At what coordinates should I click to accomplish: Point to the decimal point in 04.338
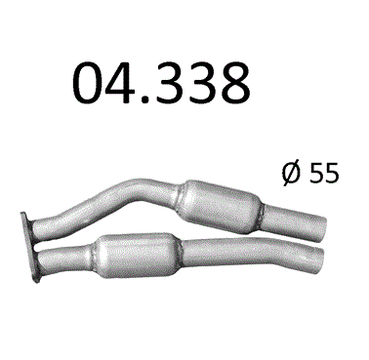tap(146, 98)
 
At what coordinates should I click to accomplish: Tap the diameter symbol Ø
tap(291, 173)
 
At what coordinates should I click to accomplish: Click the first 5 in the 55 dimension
tap(315, 173)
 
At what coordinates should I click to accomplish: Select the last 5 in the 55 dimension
tap(331, 173)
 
